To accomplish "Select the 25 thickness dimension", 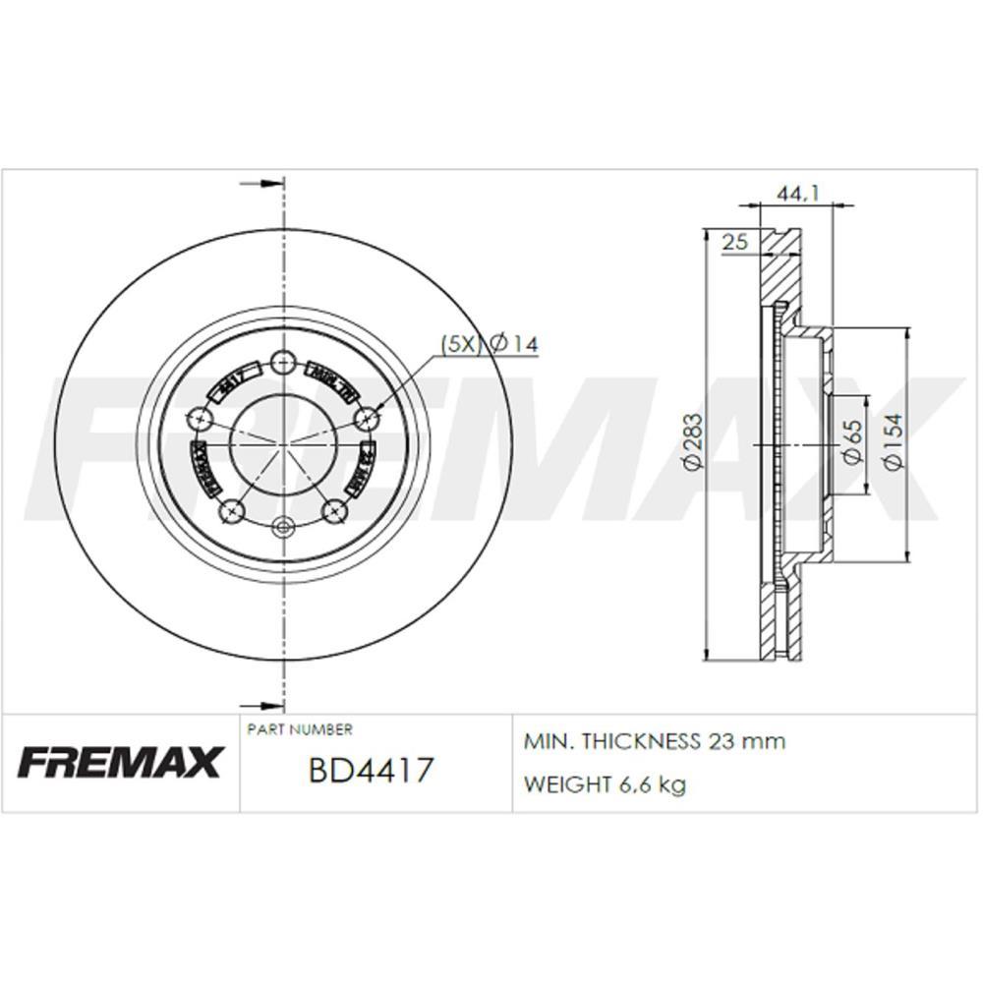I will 735,241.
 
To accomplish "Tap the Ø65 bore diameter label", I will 851,442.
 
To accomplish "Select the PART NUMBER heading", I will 300,729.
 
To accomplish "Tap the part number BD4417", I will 371,770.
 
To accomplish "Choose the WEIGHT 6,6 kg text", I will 606,784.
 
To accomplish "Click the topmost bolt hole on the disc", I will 283,361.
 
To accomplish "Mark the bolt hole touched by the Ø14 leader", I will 367,420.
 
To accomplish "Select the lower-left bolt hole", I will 232,510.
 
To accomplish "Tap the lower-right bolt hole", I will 335,510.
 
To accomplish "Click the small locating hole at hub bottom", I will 283,527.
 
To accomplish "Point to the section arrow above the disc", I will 261,184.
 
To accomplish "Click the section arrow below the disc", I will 261,704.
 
